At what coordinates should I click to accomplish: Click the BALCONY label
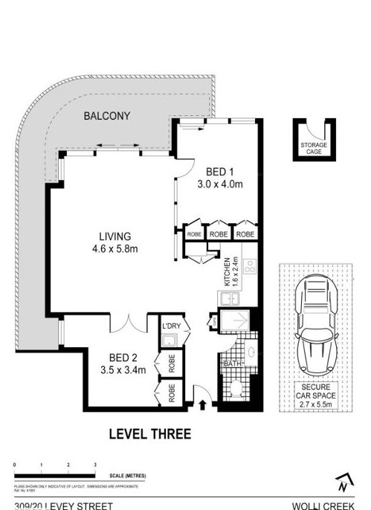(x=107, y=116)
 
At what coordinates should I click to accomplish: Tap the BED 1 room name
(x=215, y=170)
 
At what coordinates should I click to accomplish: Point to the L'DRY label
(x=170, y=326)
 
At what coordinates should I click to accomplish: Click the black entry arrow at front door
(x=204, y=405)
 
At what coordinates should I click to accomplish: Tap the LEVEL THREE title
(x=149, y=433)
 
